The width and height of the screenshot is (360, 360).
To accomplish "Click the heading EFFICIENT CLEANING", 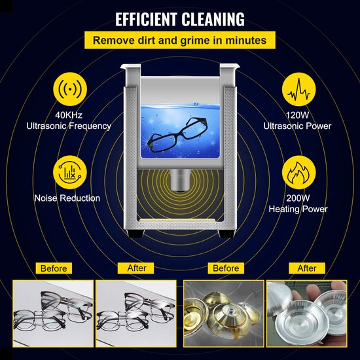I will (180, 18).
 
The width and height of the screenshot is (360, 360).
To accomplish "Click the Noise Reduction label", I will (67, 198).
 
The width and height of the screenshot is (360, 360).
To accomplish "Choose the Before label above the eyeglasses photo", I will (54, 268).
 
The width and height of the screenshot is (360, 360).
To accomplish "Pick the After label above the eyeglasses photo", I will (137, 268).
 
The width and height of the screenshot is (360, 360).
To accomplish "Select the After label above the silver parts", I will (307, 268).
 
